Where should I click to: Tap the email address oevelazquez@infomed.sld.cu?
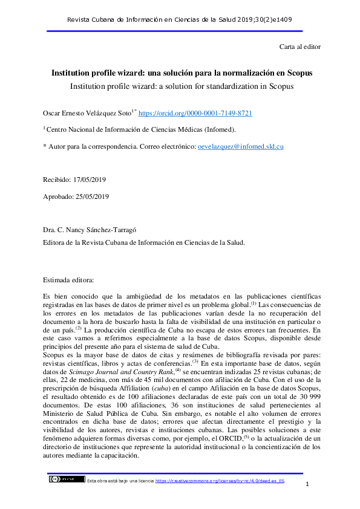click(241, 146)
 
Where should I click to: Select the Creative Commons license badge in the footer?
click(67, 479)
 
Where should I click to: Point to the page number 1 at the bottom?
click(308, 485)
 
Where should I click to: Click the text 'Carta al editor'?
click(299, 47)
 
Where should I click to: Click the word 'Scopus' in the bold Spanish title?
click(295, 73)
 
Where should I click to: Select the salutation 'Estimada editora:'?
click(68, 280)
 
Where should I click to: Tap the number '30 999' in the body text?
click(307, 387)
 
